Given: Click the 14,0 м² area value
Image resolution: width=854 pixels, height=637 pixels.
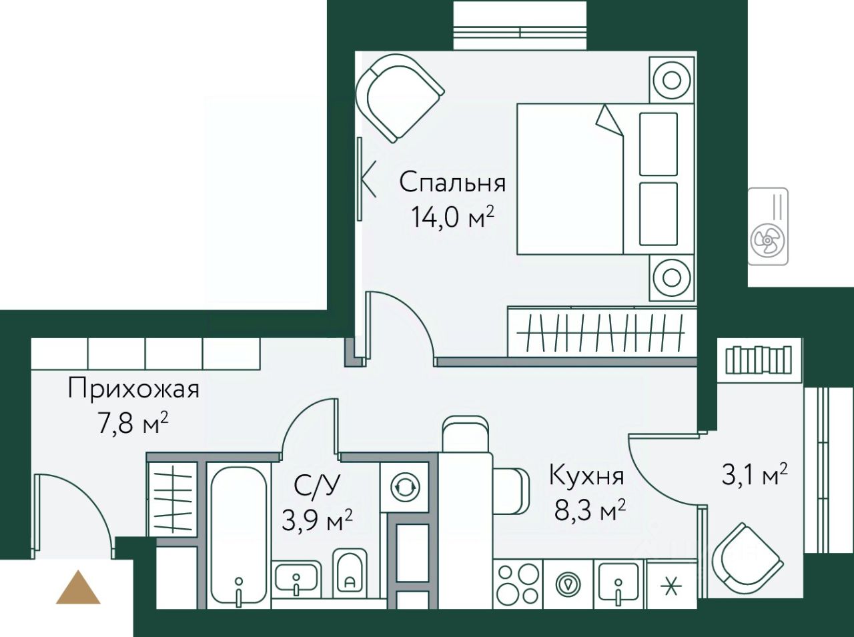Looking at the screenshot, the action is pos(452,217).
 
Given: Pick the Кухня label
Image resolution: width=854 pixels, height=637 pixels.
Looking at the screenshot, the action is pos(586,476).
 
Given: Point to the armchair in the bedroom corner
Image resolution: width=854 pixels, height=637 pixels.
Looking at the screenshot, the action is pos(400,99).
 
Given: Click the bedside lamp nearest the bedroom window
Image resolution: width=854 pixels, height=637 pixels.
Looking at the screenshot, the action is pos(672,81).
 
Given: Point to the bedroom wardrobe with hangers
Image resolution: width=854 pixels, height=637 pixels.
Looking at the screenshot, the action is pos(602,332).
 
